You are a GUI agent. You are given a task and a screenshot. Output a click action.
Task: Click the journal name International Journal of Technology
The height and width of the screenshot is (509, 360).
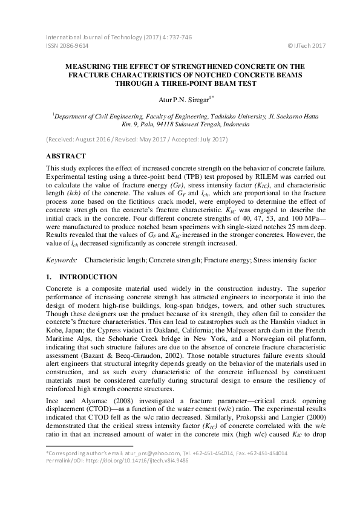pyautogui.click(x=93, y=37)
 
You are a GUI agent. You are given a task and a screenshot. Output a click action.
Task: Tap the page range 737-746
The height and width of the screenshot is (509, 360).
pyautogui.click(x=180, y=37)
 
